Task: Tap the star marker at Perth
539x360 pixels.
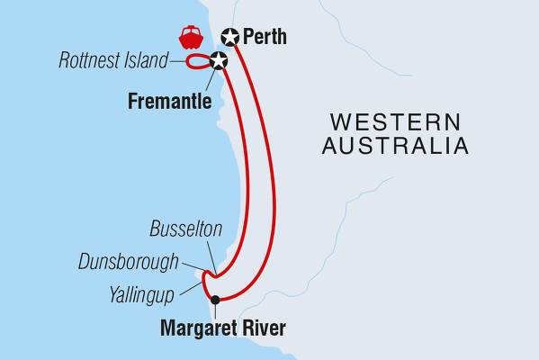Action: click(230, 38)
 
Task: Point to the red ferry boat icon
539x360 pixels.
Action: click(191, 38)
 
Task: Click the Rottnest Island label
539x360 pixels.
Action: click(113, 62)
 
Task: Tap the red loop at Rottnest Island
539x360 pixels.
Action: click(196, 63)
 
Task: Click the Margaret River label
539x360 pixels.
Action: click(222, 328)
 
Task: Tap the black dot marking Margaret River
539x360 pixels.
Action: click(214, 301)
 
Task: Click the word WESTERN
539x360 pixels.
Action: click(394, 121)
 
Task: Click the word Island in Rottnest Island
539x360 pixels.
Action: click(148, 62)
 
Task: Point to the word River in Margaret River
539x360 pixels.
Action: click(265, 328)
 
